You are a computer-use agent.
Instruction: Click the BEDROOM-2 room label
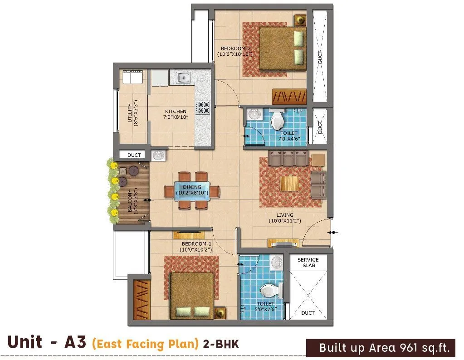pyautogui.click(x=234, y=49)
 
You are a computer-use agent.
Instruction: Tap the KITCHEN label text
pyautogui.click(x=176, y=112)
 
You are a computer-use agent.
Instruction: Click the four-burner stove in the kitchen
pyautogui.click(x=202, y=107)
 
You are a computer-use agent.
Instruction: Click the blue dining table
pyautogui.click(x=192, y=190)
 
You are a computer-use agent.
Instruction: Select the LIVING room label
pyautogui.click(x=284, y=215)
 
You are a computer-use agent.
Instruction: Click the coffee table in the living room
pyautogui.click(x=289, y=184)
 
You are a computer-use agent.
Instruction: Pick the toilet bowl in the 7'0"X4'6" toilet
pyautogui.click(x=277, y=121)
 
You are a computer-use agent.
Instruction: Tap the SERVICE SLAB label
pyautogui.click(x=308, y=263)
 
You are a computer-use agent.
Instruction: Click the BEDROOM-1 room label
pyautogui.click(x=195, y=243)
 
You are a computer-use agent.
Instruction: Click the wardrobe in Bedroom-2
pyautogui.click(x=289, y=97)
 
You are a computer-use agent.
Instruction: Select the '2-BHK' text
pyautogui.click(x=221, y=344)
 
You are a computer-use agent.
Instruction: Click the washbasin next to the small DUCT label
pyautogui.click(x=158, y=156)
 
